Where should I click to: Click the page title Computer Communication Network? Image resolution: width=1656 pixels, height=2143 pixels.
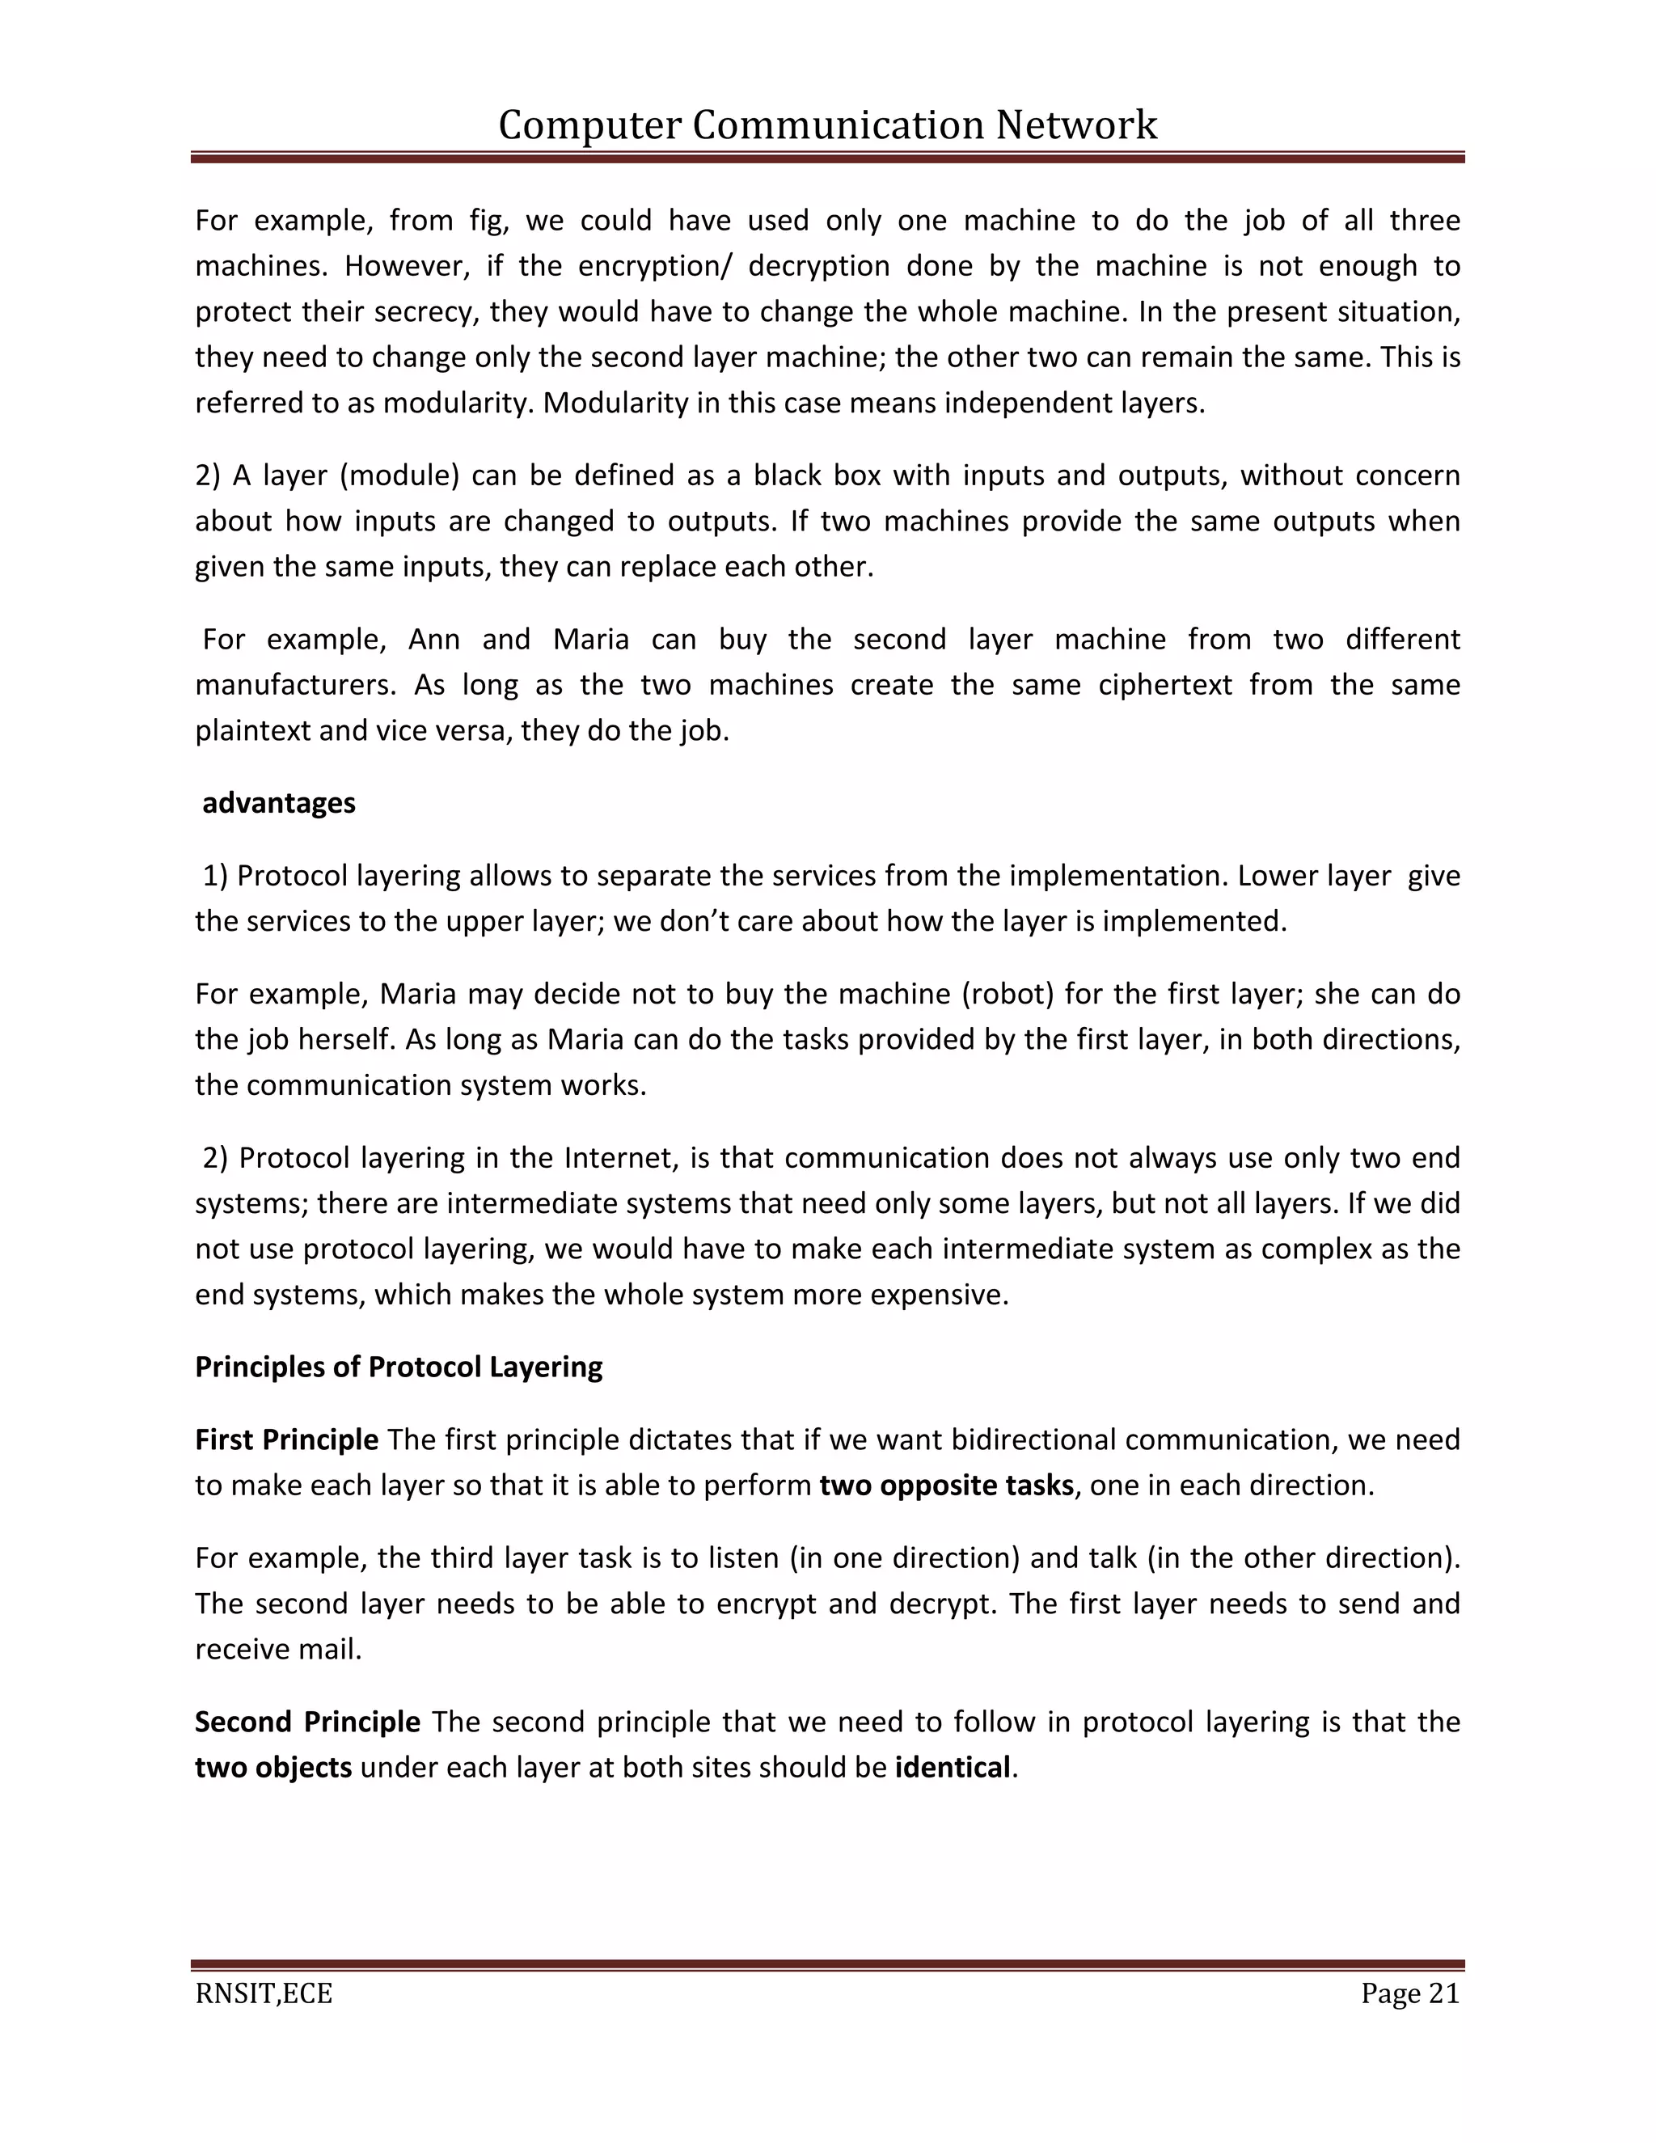[x=827, y=125]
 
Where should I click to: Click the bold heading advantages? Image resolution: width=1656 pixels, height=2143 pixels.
[x=279, y=804]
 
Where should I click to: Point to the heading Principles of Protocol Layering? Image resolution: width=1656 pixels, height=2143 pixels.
[x=399, y=1367]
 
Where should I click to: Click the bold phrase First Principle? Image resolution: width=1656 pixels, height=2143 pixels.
[x=286, y=1439]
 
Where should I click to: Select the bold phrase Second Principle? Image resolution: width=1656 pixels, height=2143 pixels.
[x=307, y=1721]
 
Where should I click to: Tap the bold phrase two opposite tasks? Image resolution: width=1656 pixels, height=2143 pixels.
[x=947, y=1485]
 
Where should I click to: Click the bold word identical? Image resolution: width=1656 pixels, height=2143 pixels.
[x=952, y=1767]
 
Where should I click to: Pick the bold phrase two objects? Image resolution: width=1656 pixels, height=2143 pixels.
[x=272, y=1767]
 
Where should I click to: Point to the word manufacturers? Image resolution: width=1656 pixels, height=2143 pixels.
[x=294, y=684]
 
